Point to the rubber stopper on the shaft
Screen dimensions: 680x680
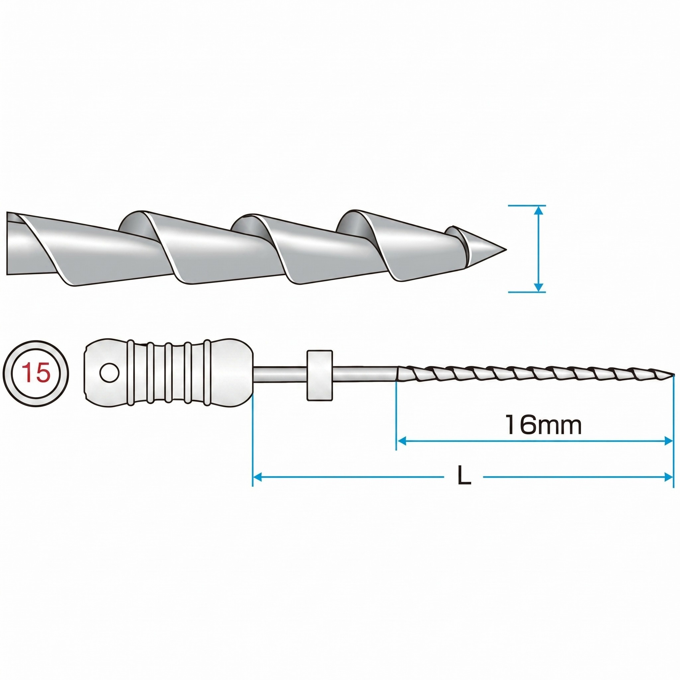[320, 375]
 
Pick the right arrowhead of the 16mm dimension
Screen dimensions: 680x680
[668, 441]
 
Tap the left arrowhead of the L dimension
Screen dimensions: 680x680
[258, 477]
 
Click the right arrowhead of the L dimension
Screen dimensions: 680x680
[668, 477]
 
